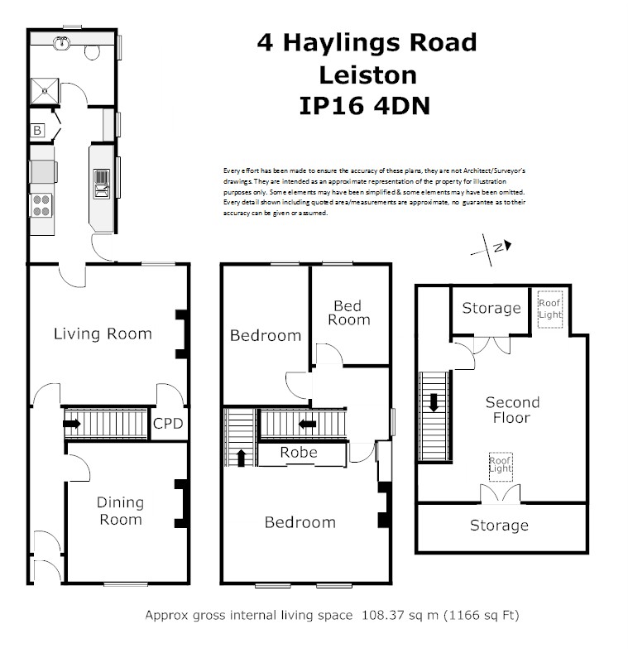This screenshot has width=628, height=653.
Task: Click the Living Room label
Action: click(x=103, y=334)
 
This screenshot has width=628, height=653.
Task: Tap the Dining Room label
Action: click(x=120, y=511)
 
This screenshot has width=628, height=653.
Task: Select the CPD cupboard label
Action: click(x=168, y=424)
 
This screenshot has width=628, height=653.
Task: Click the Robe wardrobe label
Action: click(x=299, y=452)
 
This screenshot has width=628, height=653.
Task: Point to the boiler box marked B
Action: click(x=37, y=130)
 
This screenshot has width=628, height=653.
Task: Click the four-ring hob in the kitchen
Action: click(x=41, y=205)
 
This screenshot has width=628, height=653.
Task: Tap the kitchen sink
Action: click(x=101, y=183)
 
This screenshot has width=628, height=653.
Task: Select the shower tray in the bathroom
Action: click(x=45, y=91)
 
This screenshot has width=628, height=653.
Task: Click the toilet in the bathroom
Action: click(x=92, y=51)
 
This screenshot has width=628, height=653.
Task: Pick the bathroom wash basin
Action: click(x=61, y=42)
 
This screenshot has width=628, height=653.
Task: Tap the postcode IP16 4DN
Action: click(x=365, y=106)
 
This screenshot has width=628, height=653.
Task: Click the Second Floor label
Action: click(x=513, y=410)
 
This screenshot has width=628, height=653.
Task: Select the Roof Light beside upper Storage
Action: click(x=550, y=309)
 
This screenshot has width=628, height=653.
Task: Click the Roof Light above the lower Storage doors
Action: click(x=500, y=467)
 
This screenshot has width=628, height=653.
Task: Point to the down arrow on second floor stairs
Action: click(x=434, y=402)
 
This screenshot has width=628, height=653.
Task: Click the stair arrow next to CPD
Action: click(x=72, y=424)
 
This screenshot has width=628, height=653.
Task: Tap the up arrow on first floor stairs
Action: click(x=241, y=458)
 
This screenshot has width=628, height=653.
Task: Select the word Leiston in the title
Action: click(x=367, y=75)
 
